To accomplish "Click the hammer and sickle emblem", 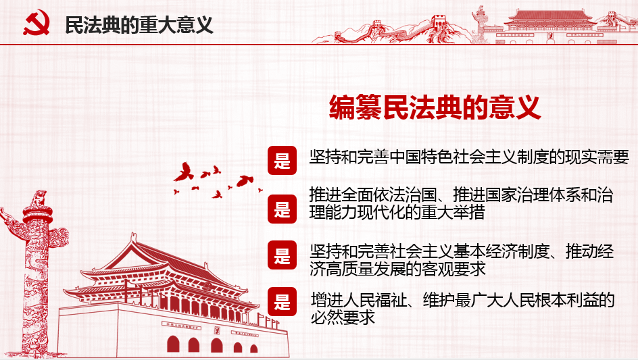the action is [x=36, y=22].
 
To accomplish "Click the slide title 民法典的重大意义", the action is [x=139, y=25].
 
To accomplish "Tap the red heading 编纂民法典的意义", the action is [x=435, y=107].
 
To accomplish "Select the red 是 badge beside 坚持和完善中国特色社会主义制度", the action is [x=282, y=160].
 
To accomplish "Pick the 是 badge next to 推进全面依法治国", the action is [x=282, y=209].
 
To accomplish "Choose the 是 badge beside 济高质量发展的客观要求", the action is [x=282, y=255].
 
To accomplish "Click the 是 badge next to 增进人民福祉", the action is [x=282, y=301].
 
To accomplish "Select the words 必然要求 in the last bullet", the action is [x=343, y=317].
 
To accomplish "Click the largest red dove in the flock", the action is [x=184, y=172].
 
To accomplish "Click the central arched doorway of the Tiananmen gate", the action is [x=216, y=345].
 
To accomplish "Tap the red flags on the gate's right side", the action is [x=268, y=322].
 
